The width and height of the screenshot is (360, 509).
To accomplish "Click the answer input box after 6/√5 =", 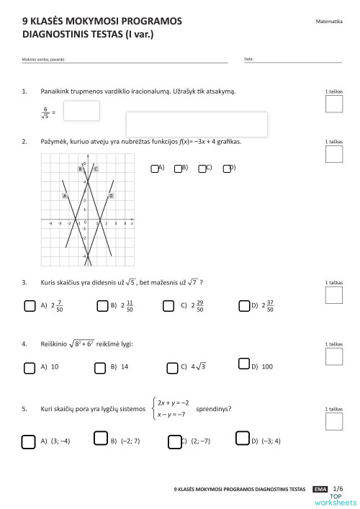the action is [81, 111].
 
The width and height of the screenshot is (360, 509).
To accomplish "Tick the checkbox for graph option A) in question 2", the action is [155, 168].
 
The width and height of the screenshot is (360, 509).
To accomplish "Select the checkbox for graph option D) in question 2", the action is [227, 168].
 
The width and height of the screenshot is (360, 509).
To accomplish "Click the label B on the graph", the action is [81, 168].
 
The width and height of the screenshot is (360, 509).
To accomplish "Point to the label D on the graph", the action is [110, 195].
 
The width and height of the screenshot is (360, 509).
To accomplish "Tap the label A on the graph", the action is [65, 195].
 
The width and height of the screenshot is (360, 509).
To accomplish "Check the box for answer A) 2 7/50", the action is [30, 305].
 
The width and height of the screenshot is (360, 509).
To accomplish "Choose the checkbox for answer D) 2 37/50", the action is [243, 305].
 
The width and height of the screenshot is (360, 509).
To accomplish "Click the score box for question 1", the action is [334, 104].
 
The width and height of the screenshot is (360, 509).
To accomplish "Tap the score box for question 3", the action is [334, 295].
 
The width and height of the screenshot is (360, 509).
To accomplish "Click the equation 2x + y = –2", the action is [173, 402].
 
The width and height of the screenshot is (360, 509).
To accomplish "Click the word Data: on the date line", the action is [248, 59].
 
